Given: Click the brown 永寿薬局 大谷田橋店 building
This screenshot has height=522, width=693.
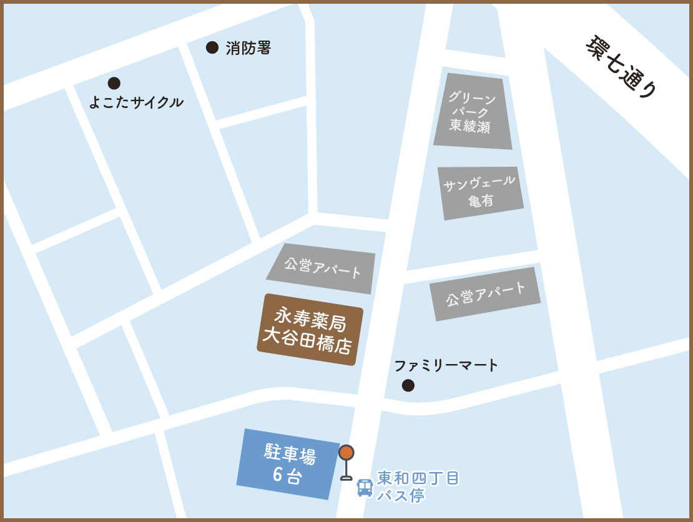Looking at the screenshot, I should click(310, 329).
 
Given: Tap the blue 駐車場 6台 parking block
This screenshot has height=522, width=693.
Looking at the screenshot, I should click(288, 463).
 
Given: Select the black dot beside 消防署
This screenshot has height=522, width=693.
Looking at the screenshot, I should click(212, 47).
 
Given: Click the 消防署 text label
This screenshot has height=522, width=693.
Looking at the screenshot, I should click(248, 48).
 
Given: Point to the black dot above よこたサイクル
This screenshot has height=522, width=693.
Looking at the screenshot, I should click(114, 83).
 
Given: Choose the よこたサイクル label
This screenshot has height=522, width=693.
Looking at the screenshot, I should click(136, 102).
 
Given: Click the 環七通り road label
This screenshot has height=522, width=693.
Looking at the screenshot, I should click(622, 66).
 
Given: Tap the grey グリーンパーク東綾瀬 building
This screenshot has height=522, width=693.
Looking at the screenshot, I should click(473, 112).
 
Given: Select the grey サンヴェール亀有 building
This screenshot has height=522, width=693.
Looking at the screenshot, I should click(480, 192).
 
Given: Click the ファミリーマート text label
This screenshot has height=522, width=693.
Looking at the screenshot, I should click(446, 365).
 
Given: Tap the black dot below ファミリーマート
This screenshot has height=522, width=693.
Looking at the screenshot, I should click(408, 385).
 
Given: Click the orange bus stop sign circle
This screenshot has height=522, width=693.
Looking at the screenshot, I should click(346, 453).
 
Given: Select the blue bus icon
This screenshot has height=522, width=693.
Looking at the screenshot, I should click(365, 488).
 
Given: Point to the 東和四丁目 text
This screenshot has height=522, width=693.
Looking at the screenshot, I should click(418, 478).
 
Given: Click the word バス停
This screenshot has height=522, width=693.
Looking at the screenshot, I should click(401, 496).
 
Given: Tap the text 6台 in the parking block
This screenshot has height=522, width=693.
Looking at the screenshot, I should click(287, 475).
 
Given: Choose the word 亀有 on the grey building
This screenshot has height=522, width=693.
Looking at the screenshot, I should click(481, 200).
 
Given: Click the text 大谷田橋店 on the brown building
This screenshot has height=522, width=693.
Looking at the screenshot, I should click(307, 341).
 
